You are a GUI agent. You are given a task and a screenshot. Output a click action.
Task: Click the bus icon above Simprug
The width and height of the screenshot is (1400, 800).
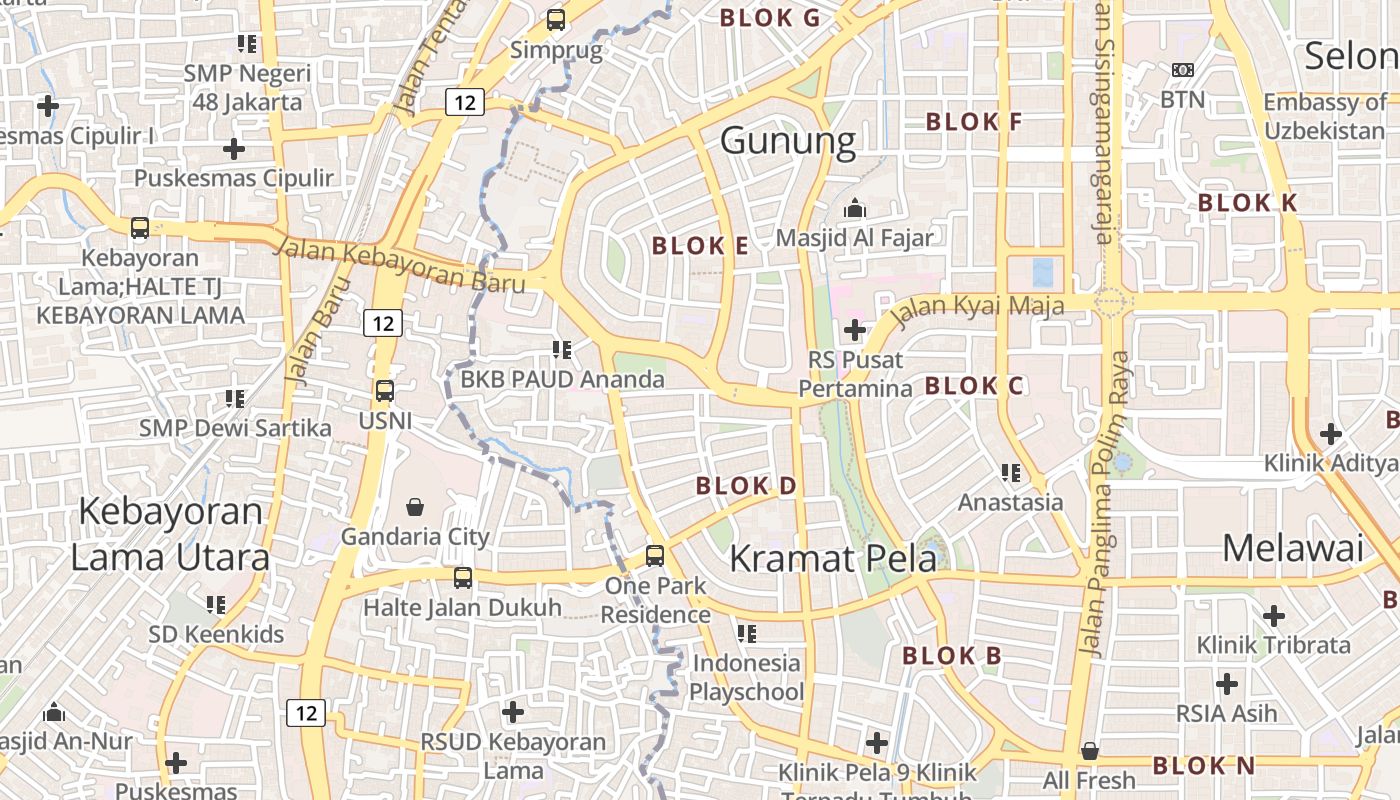[x=556, y=19]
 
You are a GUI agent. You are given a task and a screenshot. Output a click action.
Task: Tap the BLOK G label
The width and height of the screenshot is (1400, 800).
[x=769, y=18]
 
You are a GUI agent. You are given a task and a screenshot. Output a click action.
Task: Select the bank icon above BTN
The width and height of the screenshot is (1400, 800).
[x=1182, y=70]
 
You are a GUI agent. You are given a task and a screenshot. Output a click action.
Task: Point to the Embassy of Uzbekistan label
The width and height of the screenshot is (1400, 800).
[x=1325, y=116]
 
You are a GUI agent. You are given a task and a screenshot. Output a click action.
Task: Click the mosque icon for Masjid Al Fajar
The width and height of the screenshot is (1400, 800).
[x=854, y=209]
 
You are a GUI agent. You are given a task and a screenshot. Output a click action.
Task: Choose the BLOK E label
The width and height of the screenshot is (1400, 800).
[x=699, y=246]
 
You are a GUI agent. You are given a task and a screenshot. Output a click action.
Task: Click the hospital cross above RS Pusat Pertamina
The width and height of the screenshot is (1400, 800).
[x=855, y=329]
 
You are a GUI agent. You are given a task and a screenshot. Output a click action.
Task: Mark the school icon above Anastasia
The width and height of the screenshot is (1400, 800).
[x=1011, y=472]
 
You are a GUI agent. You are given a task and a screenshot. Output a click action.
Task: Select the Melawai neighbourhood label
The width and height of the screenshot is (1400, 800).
[x=1292, y=548]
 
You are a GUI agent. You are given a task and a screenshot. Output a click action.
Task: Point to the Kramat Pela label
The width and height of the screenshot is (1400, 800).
[x=832, y=558]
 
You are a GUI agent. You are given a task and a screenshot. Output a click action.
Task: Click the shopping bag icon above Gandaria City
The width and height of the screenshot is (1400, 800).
[x=415, y=507]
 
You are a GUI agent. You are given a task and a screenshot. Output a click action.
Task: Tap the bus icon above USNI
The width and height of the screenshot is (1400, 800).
[x=385, y=391]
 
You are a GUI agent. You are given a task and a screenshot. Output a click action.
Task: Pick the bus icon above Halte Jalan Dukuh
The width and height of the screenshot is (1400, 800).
[x=462, y=577]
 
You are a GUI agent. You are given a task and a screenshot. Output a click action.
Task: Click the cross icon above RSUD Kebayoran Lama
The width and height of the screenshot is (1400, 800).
[x=513, y=712]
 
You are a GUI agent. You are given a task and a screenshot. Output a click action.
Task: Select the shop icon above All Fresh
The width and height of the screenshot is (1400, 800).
[x=1090, y=750]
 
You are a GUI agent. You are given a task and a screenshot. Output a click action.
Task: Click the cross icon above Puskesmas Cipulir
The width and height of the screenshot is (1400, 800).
[x=234, y=149]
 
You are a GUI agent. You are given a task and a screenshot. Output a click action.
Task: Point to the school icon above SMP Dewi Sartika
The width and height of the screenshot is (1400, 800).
[x=235, y=399]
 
